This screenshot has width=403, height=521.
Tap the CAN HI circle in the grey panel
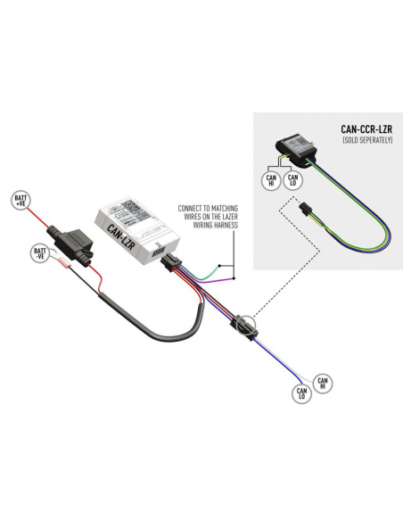tap(270, 181)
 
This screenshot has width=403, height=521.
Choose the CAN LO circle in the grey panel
tap(292, 181)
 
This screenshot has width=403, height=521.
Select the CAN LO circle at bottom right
tap(301, 392)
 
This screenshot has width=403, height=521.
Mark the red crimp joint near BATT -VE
tap(63, 264)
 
